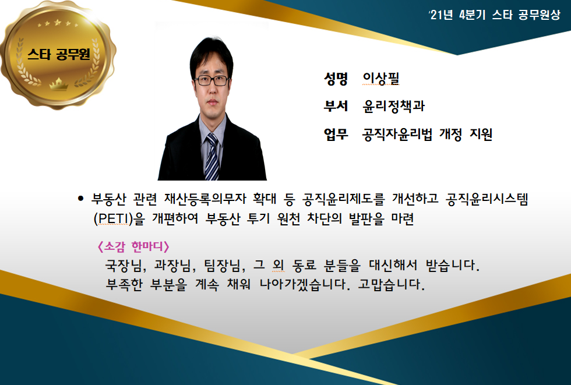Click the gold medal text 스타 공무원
point(59,54)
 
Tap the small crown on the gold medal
point(59,84)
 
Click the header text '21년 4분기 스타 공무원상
point(495,15)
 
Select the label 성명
point(336,78)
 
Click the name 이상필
point(381,78)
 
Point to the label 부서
point(336,106)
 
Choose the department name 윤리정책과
point(394,106)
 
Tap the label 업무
point(336,134)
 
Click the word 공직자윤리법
point(397,134)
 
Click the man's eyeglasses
point(212,80)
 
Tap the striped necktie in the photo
point(212,157)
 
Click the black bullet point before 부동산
point(81,199)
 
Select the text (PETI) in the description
point(113,218)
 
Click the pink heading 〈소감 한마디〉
point(133,246)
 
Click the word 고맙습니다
point(391,284)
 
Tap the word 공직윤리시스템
point(487,199)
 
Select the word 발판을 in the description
point(366,218)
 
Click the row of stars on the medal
point(58,24)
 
